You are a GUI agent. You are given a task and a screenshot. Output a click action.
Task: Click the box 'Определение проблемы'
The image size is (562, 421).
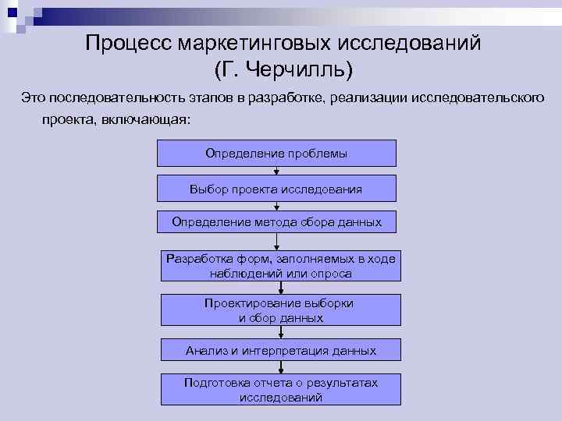(276, 153)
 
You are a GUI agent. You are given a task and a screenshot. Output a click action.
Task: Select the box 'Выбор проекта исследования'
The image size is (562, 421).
(276, 189)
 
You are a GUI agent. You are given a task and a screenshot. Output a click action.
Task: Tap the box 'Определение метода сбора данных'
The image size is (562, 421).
(276, 222)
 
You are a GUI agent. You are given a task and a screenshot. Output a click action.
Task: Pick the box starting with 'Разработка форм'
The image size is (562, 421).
(281, 266)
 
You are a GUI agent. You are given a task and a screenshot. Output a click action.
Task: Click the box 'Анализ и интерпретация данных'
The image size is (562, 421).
(281, 351)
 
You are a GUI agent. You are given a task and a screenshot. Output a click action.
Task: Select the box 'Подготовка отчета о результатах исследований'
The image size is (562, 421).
(281, 390)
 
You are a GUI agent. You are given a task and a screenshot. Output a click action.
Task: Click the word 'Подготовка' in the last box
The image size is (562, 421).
(216, 383)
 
